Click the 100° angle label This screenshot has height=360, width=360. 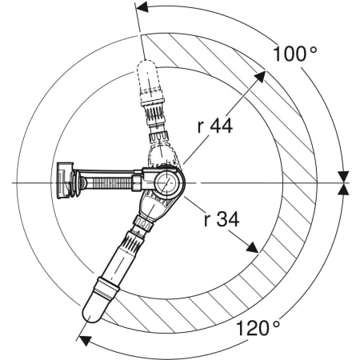(x=294, y=54)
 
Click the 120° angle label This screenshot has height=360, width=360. (x=258, y=328)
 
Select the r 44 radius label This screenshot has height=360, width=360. (x=215, y=126)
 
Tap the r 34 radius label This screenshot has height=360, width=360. (x=222, y=219)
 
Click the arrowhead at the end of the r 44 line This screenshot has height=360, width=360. (x=260, y=77)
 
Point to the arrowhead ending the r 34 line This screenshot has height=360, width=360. (x=252, y=247)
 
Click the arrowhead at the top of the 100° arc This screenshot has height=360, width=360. (x=142, y=7)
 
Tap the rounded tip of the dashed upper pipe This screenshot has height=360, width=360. (x=147, y=66)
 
